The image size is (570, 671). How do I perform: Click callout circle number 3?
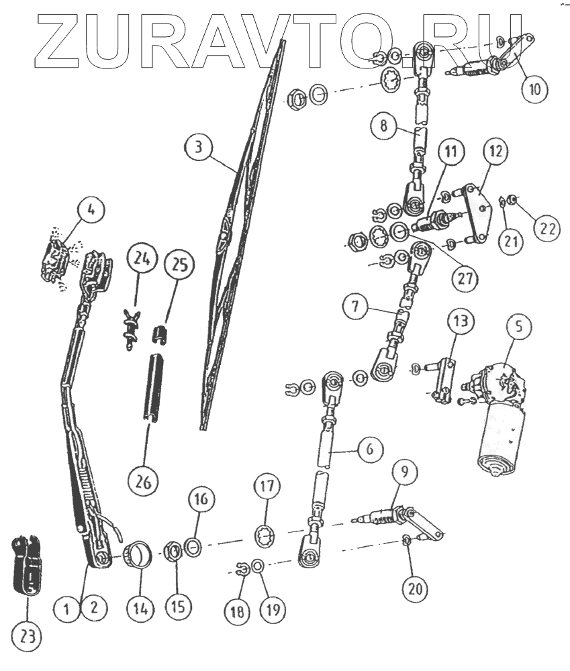point(198,147)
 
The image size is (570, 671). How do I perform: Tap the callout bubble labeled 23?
point(28,637)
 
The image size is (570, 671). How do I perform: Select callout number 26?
point(144,482)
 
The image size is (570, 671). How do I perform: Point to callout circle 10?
point(535,89)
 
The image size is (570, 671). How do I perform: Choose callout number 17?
point(267,486)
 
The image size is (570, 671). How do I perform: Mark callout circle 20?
point(415,589)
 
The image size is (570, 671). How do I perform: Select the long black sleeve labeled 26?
point(152,387)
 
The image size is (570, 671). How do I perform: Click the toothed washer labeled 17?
point(267,537)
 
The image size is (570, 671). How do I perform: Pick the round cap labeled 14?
point(137,554)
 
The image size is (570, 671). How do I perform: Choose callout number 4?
point(91,210)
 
